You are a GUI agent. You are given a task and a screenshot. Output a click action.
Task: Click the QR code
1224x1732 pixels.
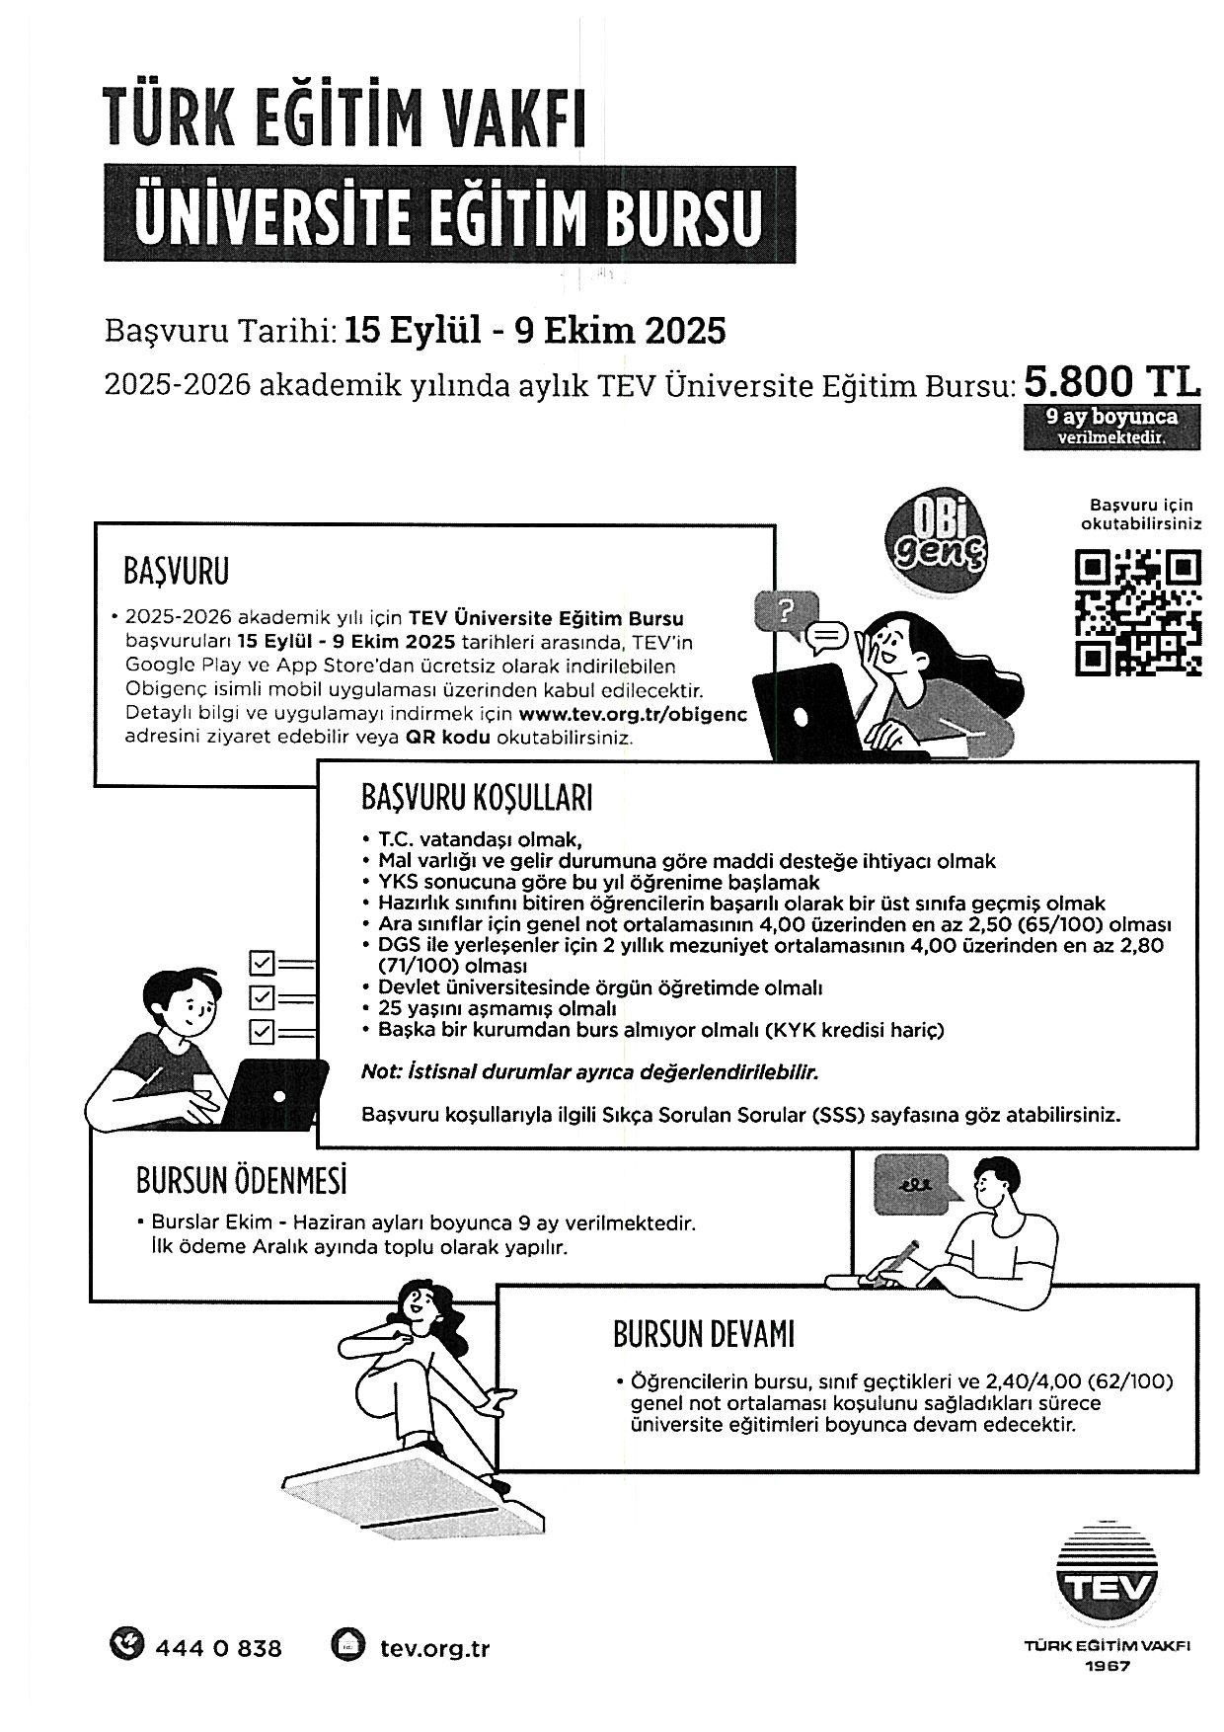(1137, 613)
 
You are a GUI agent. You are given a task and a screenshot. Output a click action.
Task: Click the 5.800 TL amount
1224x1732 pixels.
(1112, 382)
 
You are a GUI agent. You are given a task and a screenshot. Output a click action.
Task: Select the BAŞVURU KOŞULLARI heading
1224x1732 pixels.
(477, 797)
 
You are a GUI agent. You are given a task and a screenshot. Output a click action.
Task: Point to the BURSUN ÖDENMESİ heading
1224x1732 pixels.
(242, 1180)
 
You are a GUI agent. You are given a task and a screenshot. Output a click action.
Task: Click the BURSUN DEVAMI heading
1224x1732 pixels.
(704, 1335)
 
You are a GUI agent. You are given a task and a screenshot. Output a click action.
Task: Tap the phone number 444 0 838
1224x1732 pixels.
(218, 1648)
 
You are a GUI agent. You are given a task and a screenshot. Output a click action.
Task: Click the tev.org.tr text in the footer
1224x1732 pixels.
(434, 1648)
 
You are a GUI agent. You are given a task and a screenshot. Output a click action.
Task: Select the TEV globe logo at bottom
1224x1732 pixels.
(1106, 1579)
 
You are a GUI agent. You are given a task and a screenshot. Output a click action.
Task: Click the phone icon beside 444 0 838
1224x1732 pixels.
(126, 1646)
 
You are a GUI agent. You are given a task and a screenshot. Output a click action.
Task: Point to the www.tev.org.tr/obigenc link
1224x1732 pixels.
(633, 713)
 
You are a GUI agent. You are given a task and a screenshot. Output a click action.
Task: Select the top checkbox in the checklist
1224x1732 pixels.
(263, 963)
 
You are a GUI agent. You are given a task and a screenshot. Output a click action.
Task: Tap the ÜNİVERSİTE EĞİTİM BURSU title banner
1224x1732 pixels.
(450, 213)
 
